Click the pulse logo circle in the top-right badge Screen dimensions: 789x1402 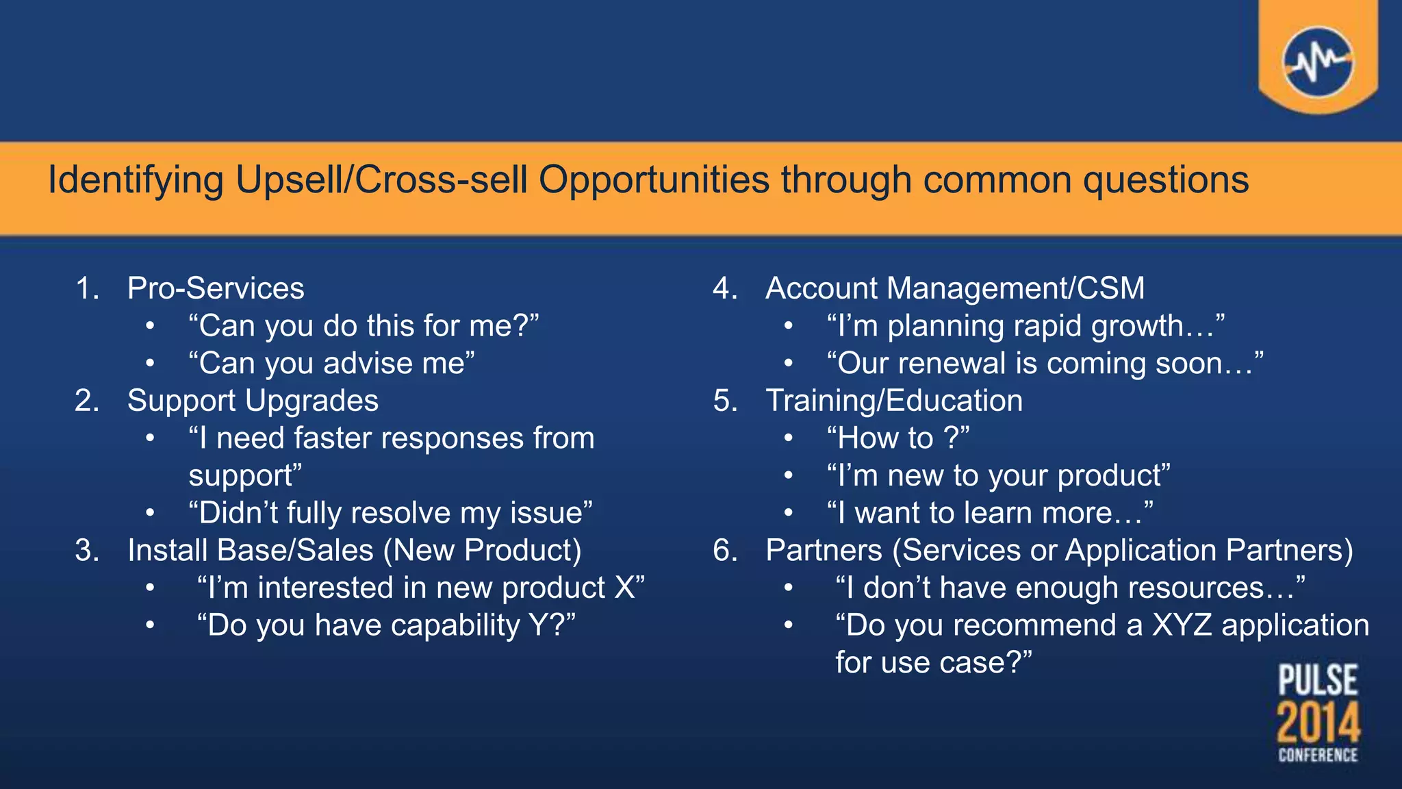click(x=1318, y=62)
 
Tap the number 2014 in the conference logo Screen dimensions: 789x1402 click(x=1318, y=722)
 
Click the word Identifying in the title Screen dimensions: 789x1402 click(x=136, y=181)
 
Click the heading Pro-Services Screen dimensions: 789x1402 click(x=216, y=288)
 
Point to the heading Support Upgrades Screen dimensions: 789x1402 click(x=253, y=401)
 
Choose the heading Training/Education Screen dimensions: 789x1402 click(x=894, y=401)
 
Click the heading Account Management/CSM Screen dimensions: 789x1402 click(x=955, y=288)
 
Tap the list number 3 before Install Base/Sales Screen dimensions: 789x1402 click(x=86, y=551)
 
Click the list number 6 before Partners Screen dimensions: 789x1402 click(x=725, y=551)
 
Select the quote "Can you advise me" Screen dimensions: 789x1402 click(x=331, y=364)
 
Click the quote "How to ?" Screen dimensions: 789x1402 click(x=897, y=438)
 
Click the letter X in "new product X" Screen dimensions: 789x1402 click(x=625, y=588)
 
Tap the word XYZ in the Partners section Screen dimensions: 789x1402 click(x=1182, y=625)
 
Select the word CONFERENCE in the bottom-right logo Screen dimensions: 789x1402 click(x=1318, y=755)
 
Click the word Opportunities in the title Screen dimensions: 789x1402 click(x=654, y=181)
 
